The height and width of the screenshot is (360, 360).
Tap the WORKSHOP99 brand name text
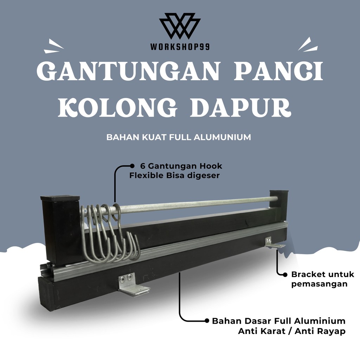[180, 46]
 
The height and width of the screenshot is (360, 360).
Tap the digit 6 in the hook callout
[143, 166]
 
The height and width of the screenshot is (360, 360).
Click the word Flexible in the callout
[143, 175]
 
